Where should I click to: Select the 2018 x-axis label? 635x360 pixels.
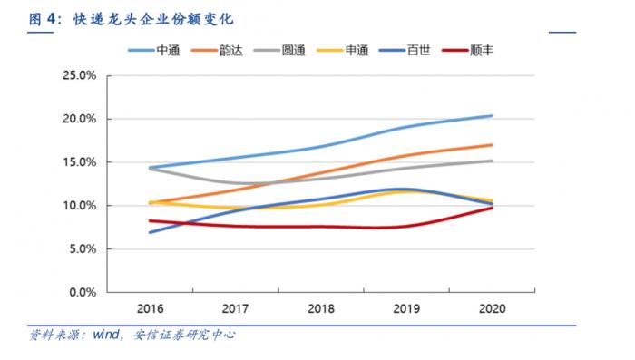point(319,308)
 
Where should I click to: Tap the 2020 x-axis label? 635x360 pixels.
point(492,308)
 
